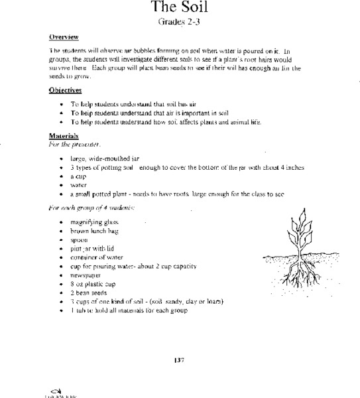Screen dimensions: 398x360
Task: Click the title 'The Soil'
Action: tap(179, 9)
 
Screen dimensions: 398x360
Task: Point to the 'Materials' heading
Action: tap(64, 135)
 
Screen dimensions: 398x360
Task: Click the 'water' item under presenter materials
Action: tap(79, 186)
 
